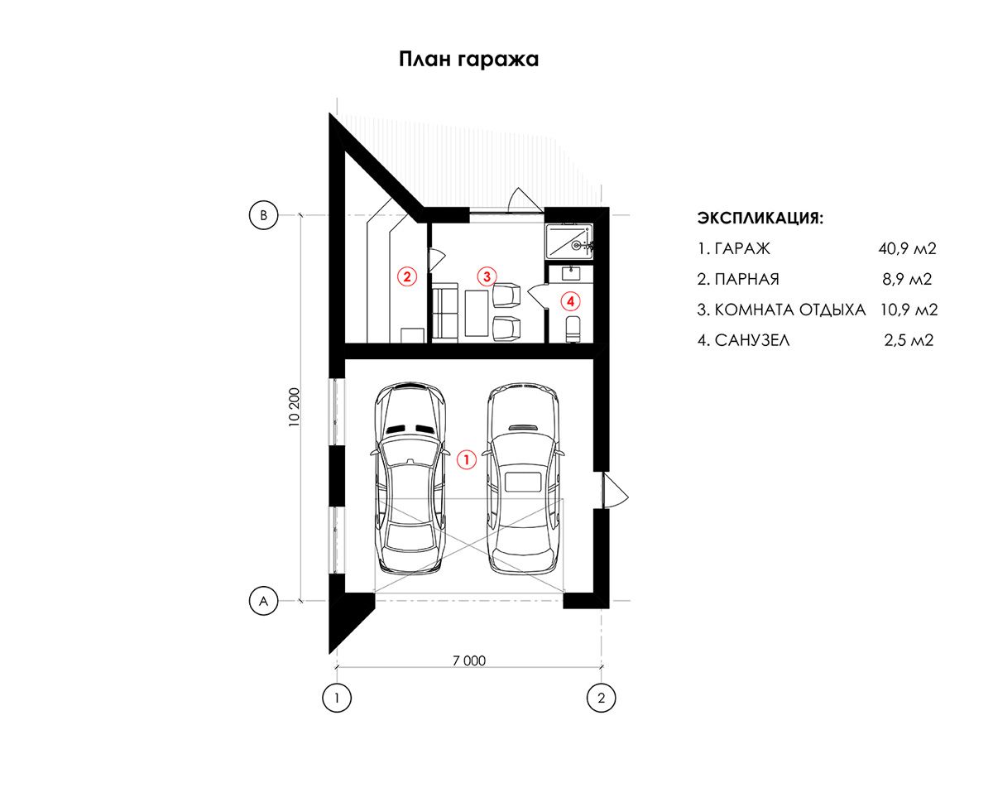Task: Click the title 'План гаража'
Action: [468, 60]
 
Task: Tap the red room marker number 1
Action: [466, 459]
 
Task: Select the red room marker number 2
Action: [407, 276]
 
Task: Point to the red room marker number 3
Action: [487, 276]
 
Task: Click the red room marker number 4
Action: [571, 301]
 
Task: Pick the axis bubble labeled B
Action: [263, 215]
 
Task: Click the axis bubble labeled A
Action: [263, 601]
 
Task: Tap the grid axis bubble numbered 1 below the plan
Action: [337, 698]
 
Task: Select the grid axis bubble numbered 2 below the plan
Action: [601, 698]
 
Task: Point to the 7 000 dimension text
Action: [469, 660]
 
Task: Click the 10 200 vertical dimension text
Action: [294, 407]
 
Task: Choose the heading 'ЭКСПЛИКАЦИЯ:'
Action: [760, 218]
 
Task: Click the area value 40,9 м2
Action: [907, 248]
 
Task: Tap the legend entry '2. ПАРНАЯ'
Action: [738, 279]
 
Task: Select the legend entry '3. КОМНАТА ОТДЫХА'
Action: [781, 310]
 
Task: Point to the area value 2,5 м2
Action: [909, 340]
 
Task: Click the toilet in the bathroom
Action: [573, 329]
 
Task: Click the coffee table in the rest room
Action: [477, 313]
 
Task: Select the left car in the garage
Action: [410, 478]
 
